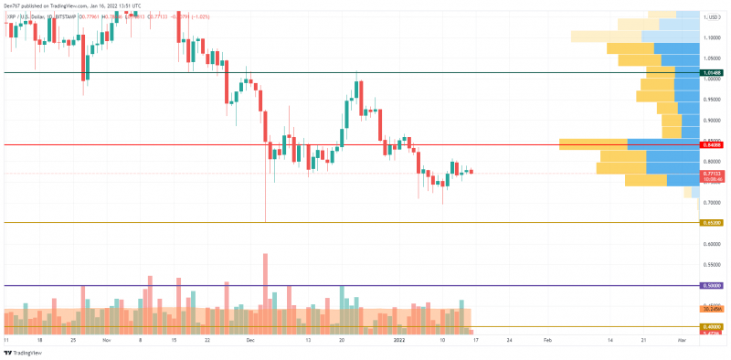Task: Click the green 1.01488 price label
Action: [x=713, y=72]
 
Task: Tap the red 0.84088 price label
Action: [x=713, y=144]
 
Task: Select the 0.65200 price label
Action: [x=713, y=222]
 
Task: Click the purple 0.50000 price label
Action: [x=713, y=286]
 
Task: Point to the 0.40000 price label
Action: [x=713, y=327]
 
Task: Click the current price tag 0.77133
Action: [x=713, y=173]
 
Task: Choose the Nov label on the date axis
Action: [x=105, y=339]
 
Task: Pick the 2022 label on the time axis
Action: [x=399, y=339]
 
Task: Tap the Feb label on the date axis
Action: [x=546, y=339]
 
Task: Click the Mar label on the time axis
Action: [x=681, y=339]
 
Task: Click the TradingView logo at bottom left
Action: [x=20, y=352]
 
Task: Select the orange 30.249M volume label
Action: [x=713, y=310]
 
